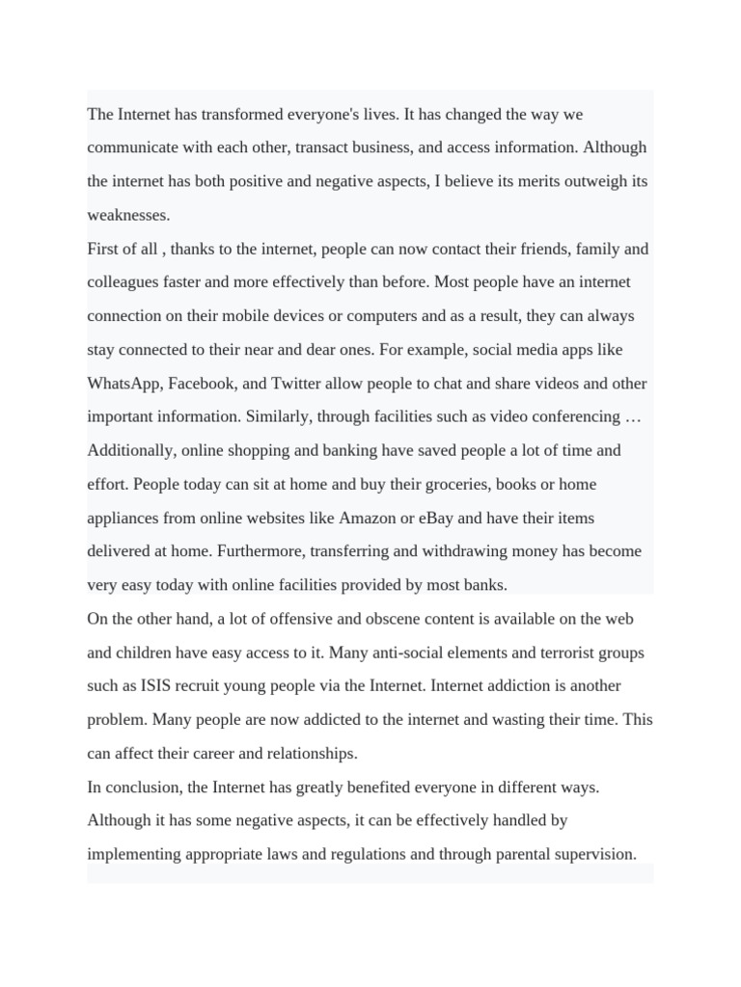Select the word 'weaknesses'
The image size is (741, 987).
coord(127,215)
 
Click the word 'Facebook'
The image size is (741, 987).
coord(202,384)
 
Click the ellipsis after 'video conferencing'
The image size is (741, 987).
coord(634,417)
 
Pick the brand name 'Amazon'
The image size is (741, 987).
coord(367,519)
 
